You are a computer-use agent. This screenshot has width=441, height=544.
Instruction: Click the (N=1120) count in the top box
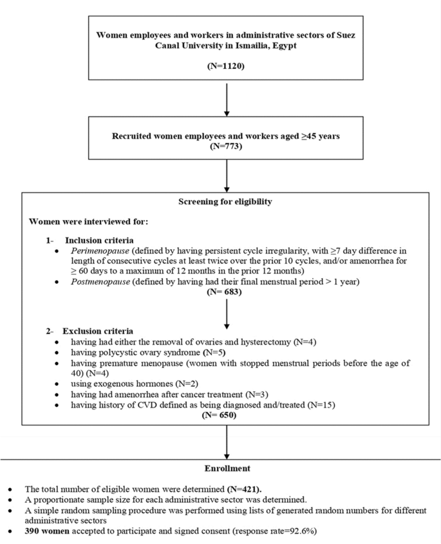[x=225, y=66]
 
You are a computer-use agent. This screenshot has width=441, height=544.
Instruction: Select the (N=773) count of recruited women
[x=225, y=147]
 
